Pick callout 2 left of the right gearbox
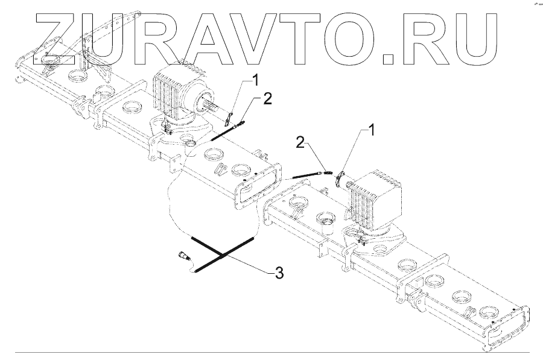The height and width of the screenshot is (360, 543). click(299, 142)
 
